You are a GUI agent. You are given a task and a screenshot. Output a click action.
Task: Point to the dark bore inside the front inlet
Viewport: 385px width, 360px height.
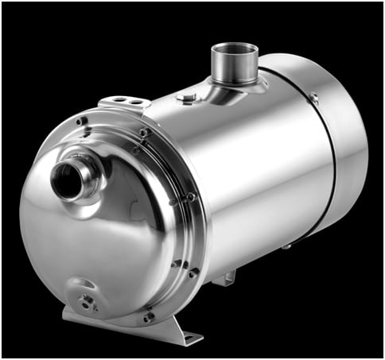pyautogui.click(x=64, y=179)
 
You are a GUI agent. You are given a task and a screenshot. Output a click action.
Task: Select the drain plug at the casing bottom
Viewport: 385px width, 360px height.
pyautogui.click(x=84, y=301)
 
